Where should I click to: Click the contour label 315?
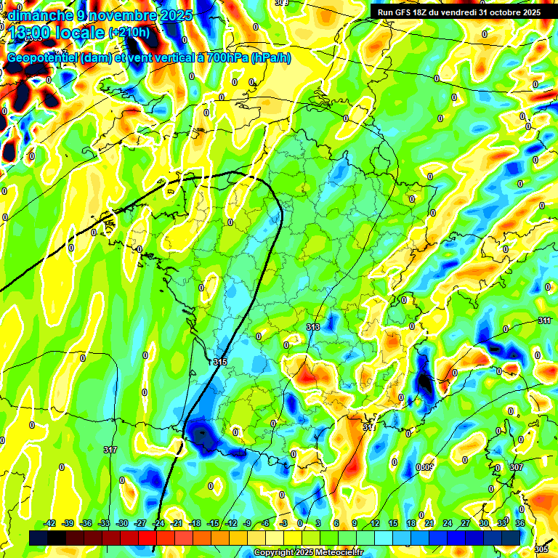(x=220, y=361)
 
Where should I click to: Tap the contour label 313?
(x=313, y=328)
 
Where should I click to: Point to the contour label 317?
(x=110, y=450)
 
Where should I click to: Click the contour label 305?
(x=541, y=549)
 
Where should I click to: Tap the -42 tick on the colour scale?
(x=50, y=523)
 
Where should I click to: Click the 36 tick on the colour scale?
(x=520, y=523)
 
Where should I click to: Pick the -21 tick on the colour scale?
(x=177, y=523)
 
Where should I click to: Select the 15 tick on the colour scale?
(x=392, y=523)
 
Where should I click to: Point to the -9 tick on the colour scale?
(x=248, y=523)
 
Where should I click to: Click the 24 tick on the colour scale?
(x=447, y=523)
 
